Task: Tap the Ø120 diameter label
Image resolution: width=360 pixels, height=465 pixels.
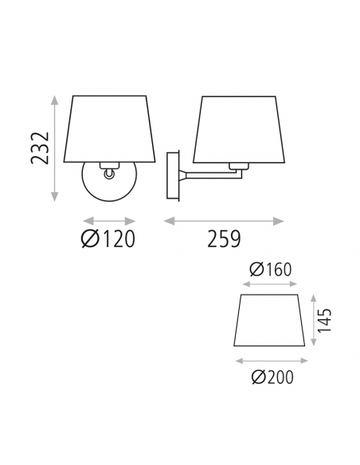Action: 108,238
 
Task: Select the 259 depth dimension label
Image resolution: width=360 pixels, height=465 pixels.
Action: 223,238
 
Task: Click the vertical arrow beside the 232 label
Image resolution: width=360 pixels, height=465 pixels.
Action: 55,148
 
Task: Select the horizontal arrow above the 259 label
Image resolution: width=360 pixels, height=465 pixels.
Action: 223,221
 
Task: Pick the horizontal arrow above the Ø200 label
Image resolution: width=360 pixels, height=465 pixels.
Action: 268,360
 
